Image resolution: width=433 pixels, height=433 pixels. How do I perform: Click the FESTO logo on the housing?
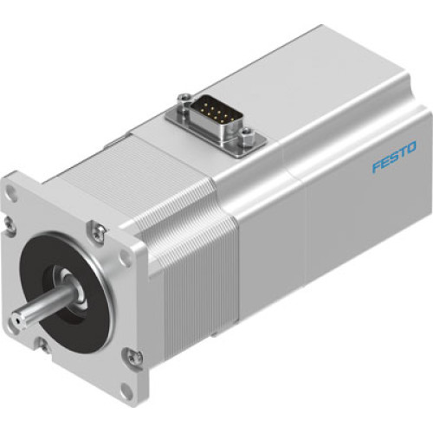tap(394, 157)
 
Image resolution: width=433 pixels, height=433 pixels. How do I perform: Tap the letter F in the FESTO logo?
tap(376, 165)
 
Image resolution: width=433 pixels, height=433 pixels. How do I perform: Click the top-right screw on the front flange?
tap(101, 229)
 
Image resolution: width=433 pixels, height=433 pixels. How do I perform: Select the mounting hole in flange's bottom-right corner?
tap(127, 385)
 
